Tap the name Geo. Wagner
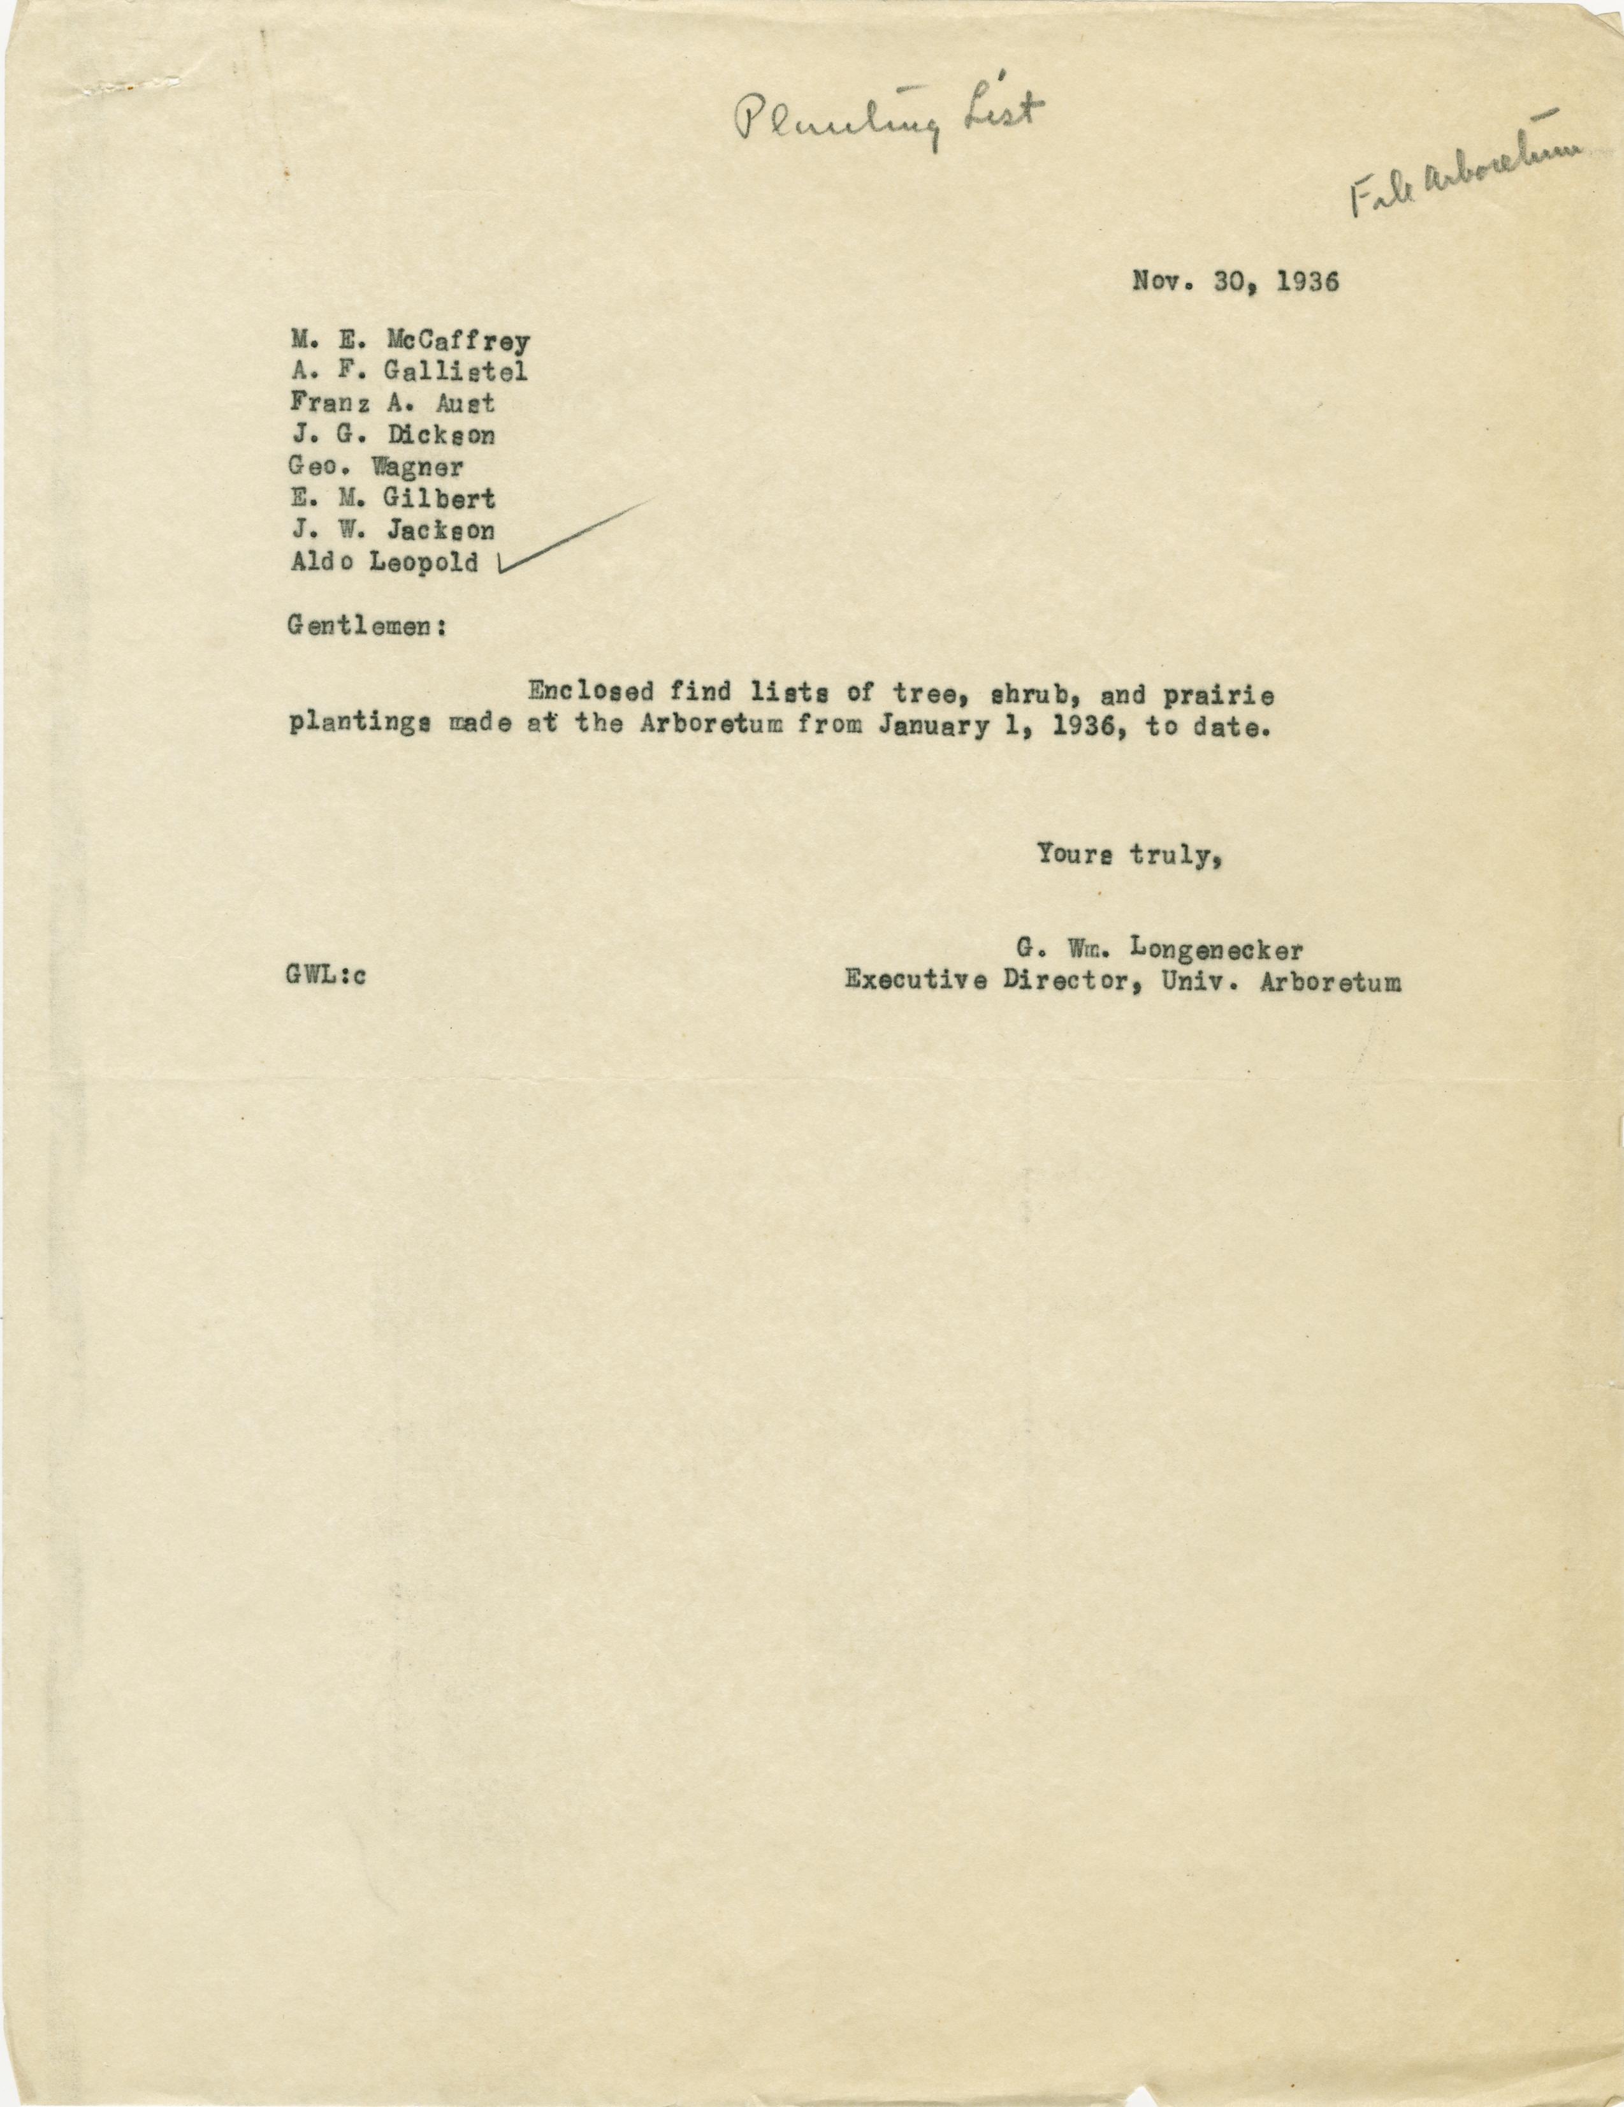click(376, 467)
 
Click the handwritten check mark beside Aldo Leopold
click(569, 540)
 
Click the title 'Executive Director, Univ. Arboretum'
click(1124, 981)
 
